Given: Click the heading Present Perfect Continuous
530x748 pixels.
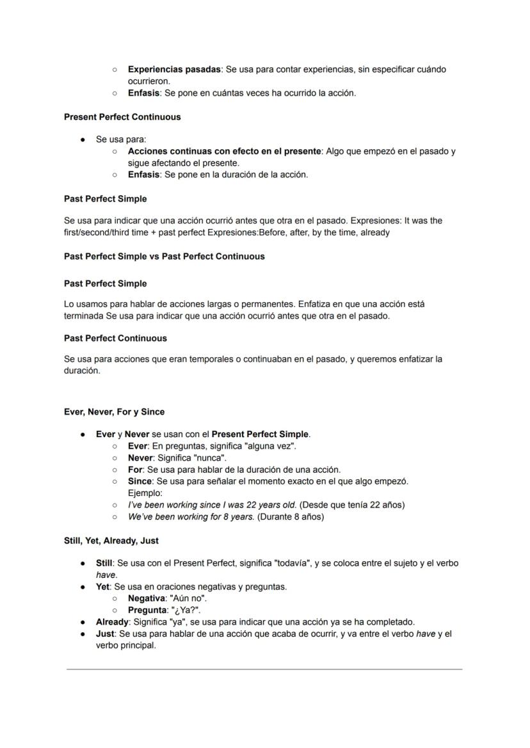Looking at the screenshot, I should [x=122, y=117].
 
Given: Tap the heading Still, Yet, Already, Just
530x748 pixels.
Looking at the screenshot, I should [x=111, y=541].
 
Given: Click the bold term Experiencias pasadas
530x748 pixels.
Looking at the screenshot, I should [x=174, y=69].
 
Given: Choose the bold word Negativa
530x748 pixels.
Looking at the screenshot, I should [x=147, y=598].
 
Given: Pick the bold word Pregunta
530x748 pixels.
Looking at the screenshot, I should [x=147, y=610].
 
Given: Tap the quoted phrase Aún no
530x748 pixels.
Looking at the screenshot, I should [x=189, y=598].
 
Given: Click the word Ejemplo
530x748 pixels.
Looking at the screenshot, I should [x=145, y=493].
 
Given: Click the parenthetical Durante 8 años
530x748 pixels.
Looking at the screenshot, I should [x=291, y=516].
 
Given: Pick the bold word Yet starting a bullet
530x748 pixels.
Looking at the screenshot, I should [x=103, y=586].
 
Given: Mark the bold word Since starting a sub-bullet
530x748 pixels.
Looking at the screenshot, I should [x=140, y=481].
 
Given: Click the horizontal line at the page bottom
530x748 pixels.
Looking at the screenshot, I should [x=264, y=670].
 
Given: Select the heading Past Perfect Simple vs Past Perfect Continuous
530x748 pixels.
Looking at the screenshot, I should [x=164, y=257].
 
